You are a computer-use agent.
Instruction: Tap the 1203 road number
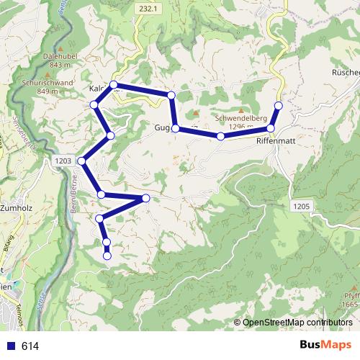62,161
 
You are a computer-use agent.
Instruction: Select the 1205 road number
301,207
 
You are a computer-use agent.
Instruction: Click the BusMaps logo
326,345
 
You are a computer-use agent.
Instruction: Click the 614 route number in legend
30,346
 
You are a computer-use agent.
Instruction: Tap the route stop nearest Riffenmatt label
271,129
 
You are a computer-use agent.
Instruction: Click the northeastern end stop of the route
279,106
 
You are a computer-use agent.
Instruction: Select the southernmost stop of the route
107,256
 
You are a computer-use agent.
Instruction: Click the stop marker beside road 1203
84,161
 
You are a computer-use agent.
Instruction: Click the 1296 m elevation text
240,127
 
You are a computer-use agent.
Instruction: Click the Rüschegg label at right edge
346,73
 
